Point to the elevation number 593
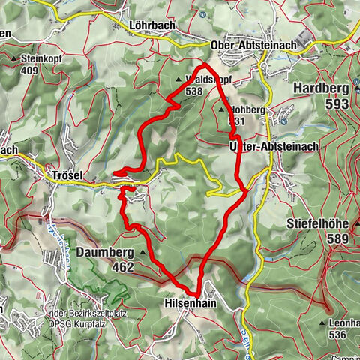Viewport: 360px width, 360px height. (x=337, y=104)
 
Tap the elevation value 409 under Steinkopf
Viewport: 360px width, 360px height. (x=30, y=71)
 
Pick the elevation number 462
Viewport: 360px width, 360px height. (x=119, y=267)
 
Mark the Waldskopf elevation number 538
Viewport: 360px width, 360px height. (x=193, y=91)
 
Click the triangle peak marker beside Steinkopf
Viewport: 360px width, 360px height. (x=16, y=58)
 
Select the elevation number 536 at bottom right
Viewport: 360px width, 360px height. (x=339, y=334)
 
